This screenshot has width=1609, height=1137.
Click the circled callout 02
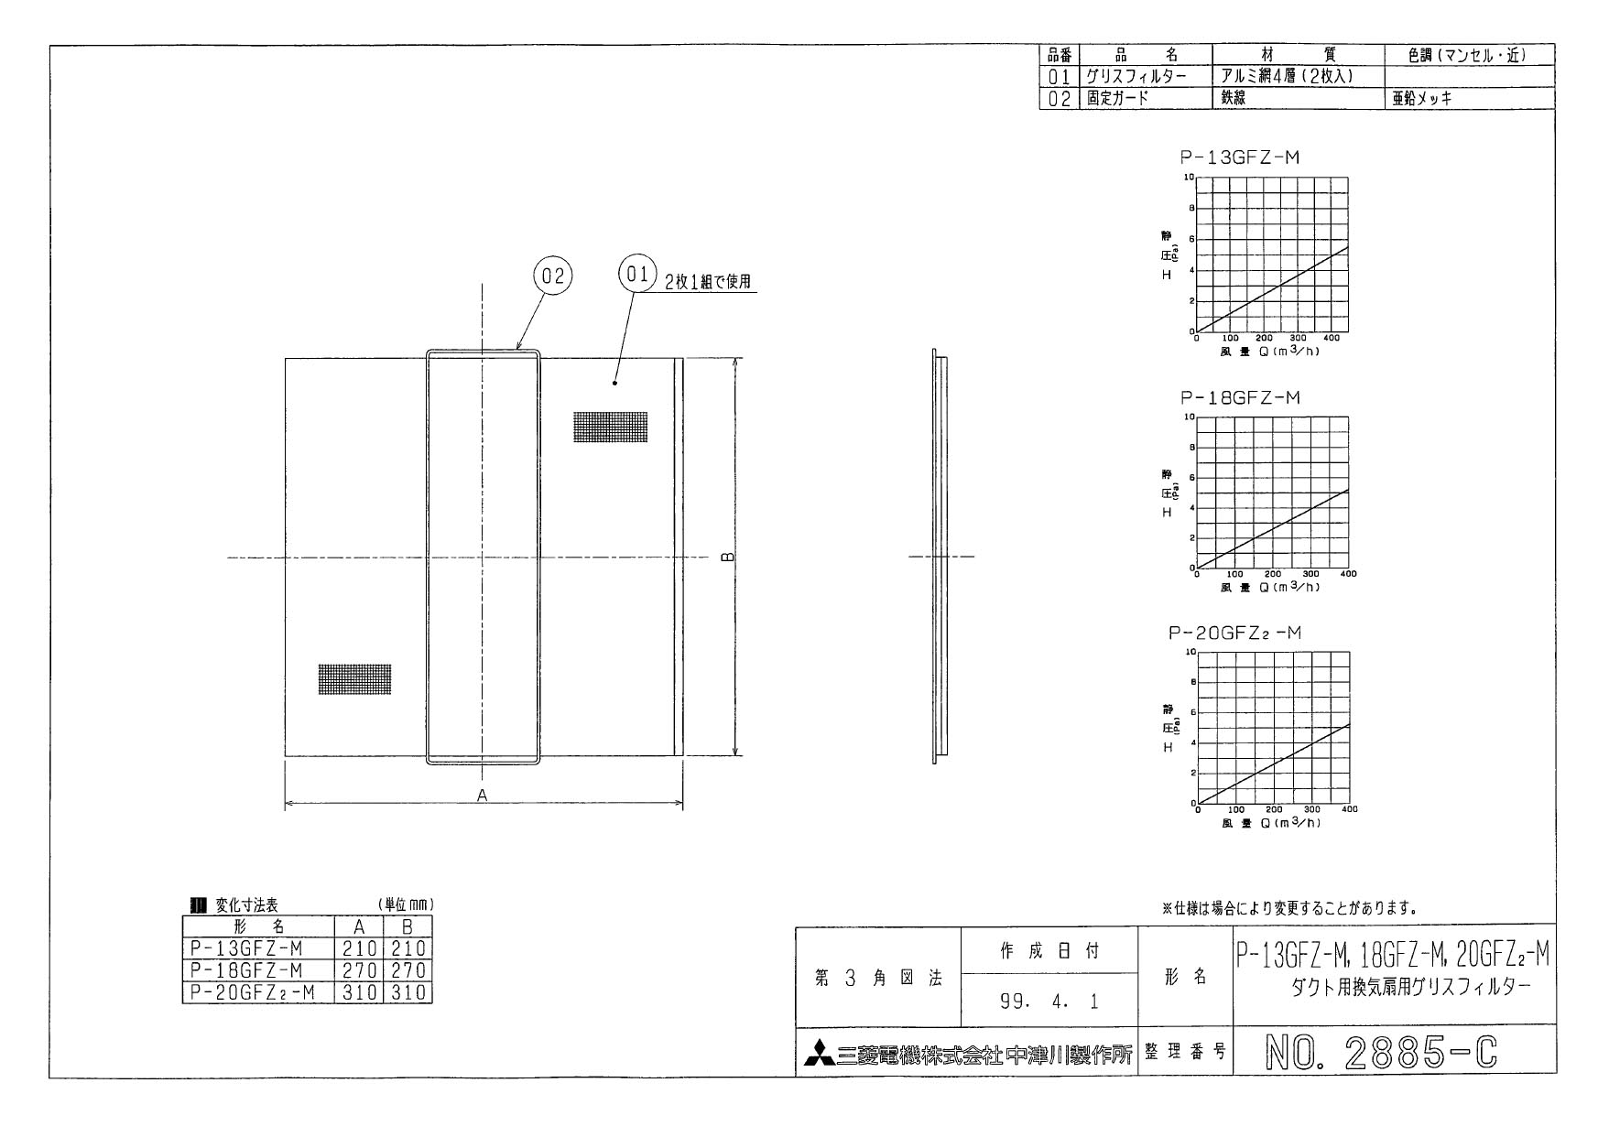coord(553,276)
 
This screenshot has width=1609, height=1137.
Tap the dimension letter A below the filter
coord(483,796)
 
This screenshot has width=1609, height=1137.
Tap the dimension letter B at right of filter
coord(727,557)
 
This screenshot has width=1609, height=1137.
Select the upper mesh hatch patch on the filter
coord(610,427)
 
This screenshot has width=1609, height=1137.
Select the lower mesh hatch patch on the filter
coord(354,678)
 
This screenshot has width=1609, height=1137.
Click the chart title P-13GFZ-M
coord(1239,157)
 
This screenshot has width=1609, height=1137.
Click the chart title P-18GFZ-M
coord(1239,398)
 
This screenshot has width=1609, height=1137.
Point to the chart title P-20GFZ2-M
coord(1234,633)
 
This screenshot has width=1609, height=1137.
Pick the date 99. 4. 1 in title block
coord(1049,1002)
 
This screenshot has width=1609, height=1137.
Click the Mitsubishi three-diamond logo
coord(820,1055)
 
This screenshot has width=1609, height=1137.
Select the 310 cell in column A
coord(359,992)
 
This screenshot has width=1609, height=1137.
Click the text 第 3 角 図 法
coord(878,978)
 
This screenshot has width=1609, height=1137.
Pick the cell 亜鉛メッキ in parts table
coord(1422,99)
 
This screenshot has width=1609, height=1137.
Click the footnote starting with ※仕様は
coord(1289,908)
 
